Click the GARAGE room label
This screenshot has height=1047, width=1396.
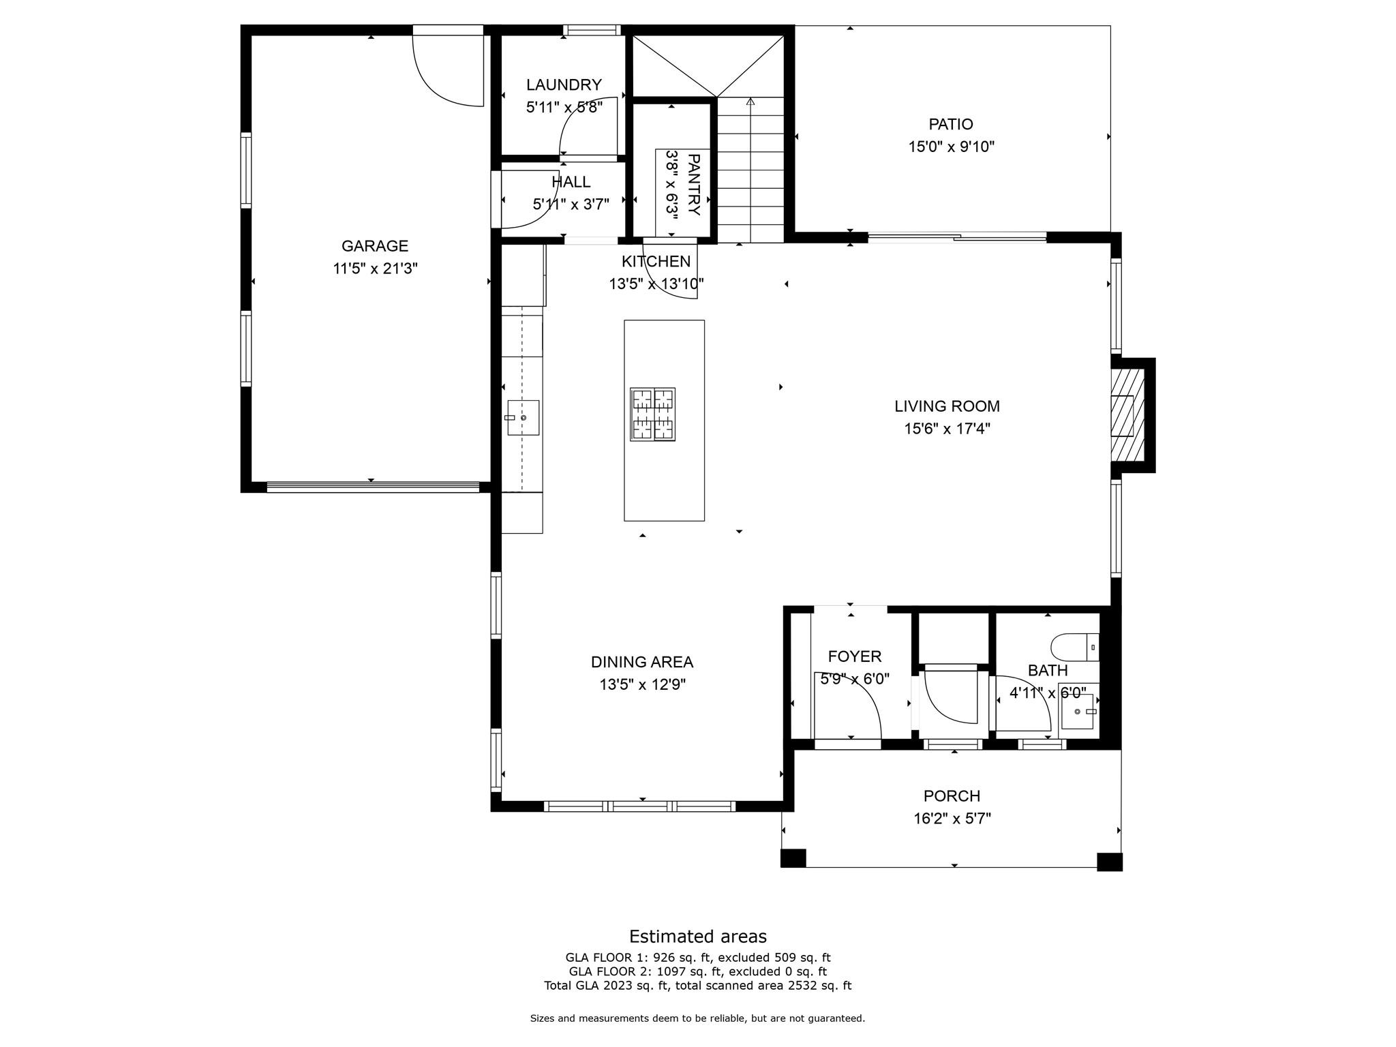[x=374, y=246]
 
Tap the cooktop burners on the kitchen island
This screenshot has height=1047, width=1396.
[x=652, y=414]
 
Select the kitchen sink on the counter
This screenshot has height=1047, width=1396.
[x=522, y=417]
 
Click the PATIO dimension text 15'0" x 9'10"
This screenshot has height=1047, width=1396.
[x=951, y=147]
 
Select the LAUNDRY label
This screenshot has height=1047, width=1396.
[x=564, y=85]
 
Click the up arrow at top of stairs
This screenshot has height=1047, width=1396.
[x=750, y=102]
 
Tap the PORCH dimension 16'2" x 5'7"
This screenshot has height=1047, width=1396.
[x=952, y=818]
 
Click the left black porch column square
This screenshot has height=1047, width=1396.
[x=793, y=858]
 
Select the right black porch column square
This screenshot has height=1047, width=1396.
[x=1109, y=862]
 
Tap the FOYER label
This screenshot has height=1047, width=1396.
[x=854, y=656]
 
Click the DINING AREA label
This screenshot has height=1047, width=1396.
[x=641, y=662]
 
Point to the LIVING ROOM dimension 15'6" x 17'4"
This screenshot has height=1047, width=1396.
[x=947, y=429]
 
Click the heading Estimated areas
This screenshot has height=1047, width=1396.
[x=697, y=937]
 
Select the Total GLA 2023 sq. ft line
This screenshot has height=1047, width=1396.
[x=697, y=986]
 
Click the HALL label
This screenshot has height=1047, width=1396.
[x=571, y=182]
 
